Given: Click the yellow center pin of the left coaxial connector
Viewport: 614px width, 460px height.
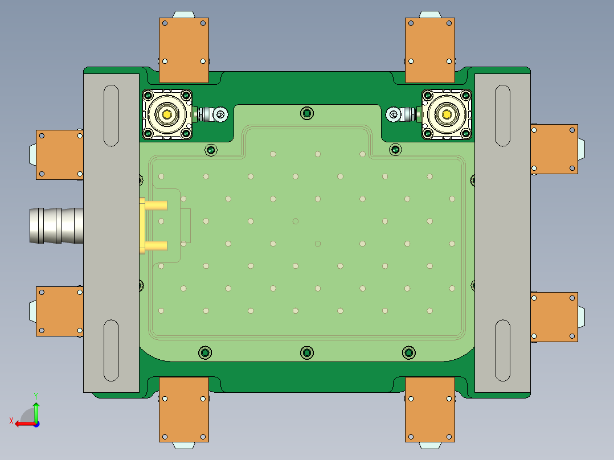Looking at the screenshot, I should pos(167,114).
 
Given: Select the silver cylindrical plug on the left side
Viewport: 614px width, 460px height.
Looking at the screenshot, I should pos(56,225).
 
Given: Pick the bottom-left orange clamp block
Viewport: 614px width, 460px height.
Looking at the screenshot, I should pos(183,409).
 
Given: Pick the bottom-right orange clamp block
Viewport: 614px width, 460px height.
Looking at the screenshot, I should pos(430,409).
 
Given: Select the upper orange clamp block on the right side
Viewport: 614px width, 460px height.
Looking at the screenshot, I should pos(554,149).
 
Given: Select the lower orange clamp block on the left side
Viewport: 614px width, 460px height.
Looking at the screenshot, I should pos(59,311).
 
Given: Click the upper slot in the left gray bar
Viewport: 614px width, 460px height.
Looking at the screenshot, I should pos(110,115).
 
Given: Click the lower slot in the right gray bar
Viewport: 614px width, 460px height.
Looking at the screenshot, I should pos(502,350).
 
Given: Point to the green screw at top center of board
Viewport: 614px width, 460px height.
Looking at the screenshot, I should pos(308,113).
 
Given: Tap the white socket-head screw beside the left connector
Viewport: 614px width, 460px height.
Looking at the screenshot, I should pos(221,114).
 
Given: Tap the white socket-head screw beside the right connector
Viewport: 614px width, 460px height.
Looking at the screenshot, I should pos(393,114).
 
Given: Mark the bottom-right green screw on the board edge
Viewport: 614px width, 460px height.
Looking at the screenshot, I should pos(408,353).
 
